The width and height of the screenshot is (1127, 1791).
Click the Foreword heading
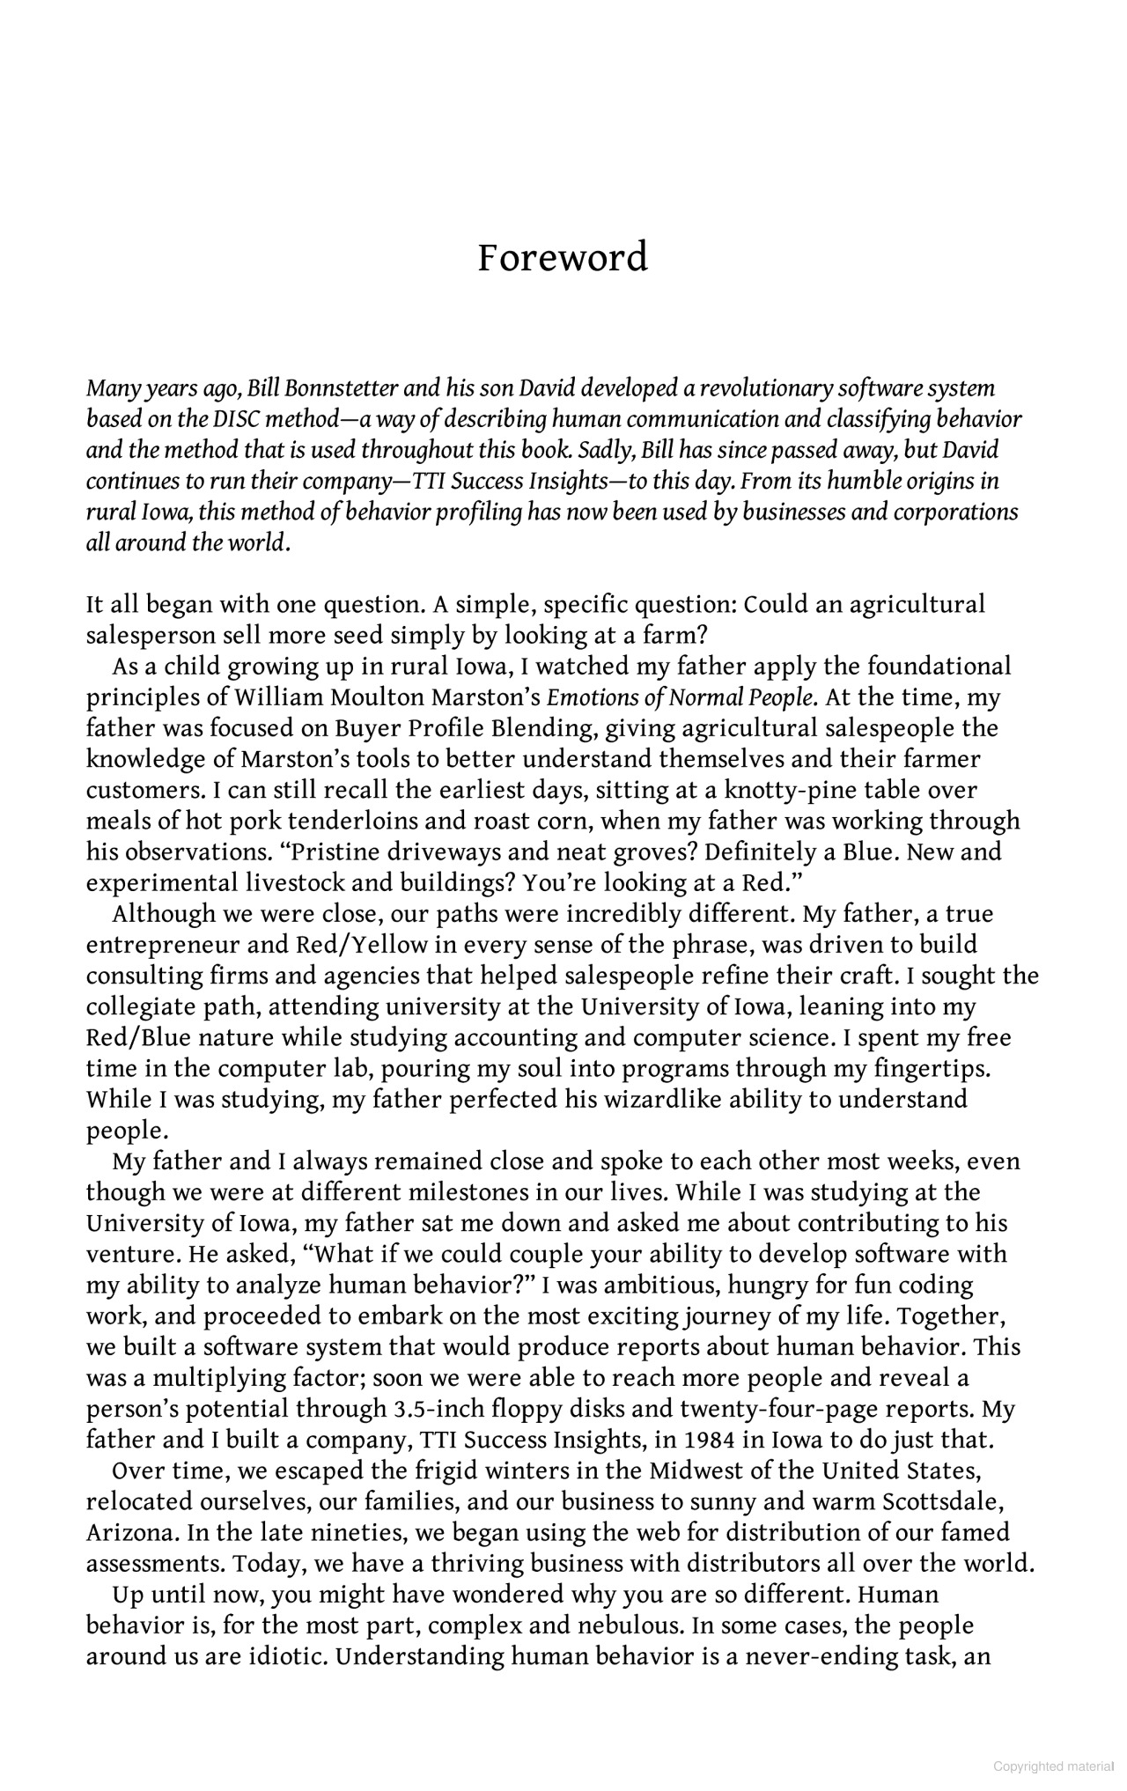pos(563,258)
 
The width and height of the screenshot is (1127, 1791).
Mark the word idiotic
pos(282,1656)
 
